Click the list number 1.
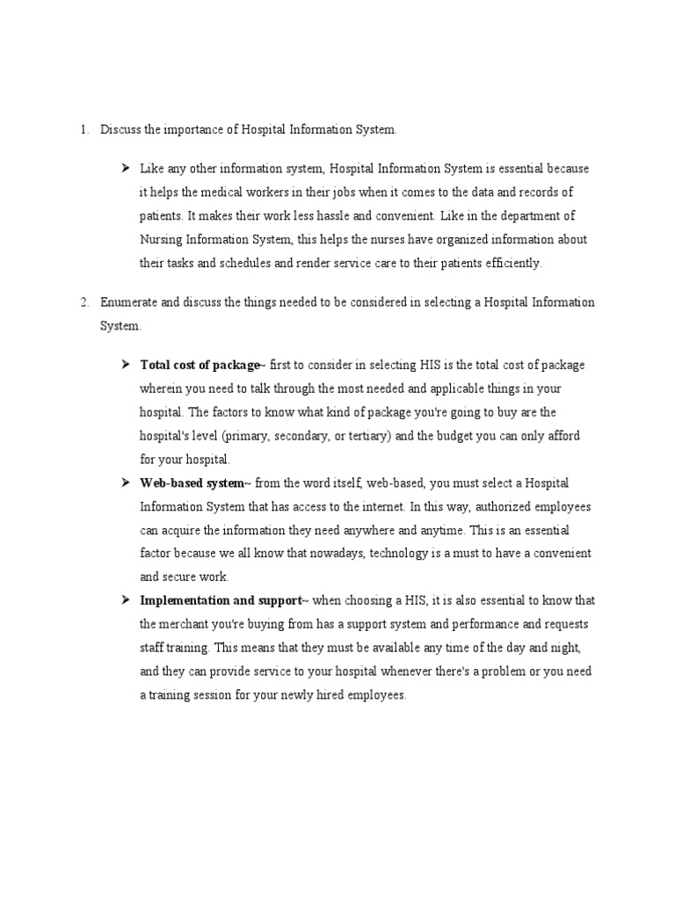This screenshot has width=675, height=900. (x=83, y=130)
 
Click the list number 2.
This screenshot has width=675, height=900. (x=83, y=302)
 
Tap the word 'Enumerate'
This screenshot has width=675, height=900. (x=129, y=302)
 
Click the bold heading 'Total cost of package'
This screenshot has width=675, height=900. (x=200, y=365)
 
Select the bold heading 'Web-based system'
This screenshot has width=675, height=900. (x=192, y=483)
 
